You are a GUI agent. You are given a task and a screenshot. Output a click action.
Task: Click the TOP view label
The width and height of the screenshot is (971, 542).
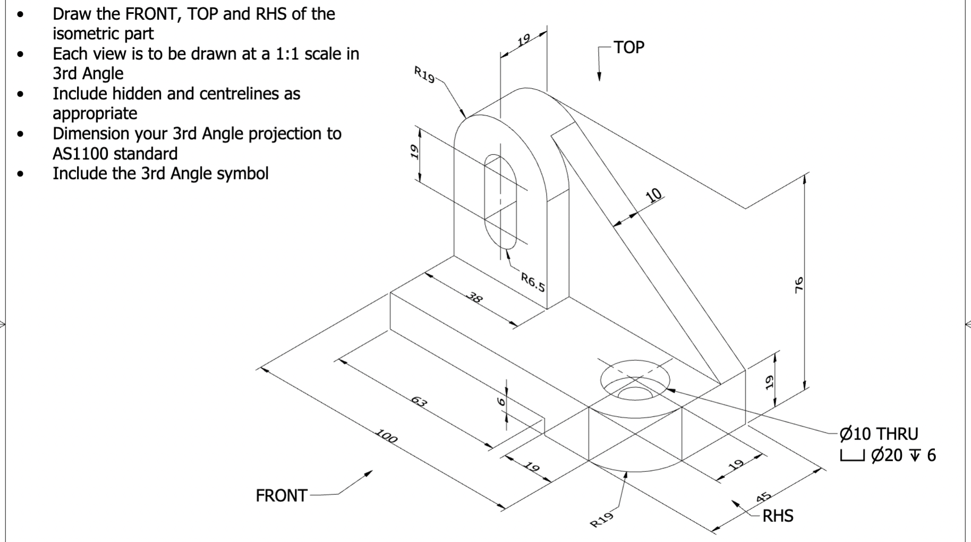[629, 47]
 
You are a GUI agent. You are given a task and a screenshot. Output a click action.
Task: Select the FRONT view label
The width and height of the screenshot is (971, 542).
[281, 496]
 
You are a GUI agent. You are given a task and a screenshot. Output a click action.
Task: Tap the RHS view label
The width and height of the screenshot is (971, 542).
[778, 516]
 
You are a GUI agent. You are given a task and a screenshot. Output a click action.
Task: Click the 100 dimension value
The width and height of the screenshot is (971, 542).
[386, 437]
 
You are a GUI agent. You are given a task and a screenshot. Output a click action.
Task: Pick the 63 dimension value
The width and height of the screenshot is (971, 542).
[419, 402]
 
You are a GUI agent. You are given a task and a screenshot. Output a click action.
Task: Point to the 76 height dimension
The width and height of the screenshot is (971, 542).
[798, 285]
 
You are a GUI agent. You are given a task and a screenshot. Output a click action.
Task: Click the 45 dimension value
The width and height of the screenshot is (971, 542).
[763, 497]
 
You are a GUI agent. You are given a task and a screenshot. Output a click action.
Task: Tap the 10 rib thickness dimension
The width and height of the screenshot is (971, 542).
[654, 195]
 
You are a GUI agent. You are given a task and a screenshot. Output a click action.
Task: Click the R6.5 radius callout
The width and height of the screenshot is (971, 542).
[533, 282]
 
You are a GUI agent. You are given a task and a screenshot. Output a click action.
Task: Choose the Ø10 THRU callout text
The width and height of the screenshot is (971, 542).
[879, 434]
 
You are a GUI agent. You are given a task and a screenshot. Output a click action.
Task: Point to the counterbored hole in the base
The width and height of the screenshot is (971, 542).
[635, 380]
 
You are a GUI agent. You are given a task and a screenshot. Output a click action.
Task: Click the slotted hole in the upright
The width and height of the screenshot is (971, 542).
[500, 202]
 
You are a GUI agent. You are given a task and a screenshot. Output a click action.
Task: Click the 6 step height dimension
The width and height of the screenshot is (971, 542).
[499, 402]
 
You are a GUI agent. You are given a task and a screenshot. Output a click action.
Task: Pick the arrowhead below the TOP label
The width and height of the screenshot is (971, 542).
[599, 76]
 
